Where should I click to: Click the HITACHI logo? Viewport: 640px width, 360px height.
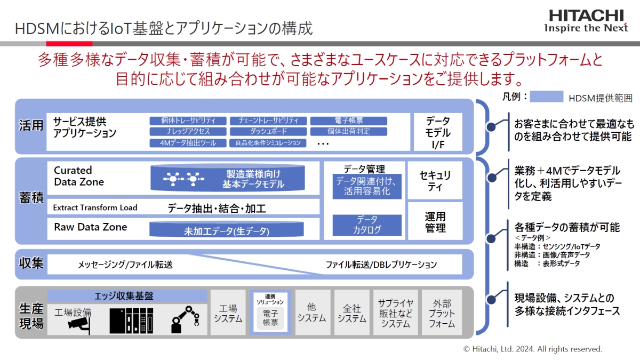[586, 21]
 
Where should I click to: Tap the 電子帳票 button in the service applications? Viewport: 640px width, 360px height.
[349, 121]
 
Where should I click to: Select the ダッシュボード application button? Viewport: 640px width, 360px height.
[268, 131]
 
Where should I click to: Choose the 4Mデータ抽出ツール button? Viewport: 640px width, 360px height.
[188, 143]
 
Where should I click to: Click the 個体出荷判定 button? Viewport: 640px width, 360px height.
[349, 131]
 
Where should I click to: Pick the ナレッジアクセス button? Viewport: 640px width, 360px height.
[188, 131]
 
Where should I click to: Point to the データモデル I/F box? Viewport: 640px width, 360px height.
[438, 132]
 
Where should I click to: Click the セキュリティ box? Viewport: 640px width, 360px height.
[435, 180]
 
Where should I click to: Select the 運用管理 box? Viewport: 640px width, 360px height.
[435, 221]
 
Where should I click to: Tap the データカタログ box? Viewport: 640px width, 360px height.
[367, 225]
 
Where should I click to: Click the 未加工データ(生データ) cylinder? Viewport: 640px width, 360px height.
[227, 229]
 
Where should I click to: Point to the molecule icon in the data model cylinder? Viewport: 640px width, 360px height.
[183, 179]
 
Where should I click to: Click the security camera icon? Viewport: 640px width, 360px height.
[79, 325]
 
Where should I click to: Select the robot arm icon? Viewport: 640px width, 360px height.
[185, 319]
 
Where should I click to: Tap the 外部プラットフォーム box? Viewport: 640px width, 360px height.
[442, 313]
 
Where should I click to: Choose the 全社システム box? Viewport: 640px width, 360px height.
[351, 313]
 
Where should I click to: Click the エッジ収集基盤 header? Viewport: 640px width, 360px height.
[127, 296]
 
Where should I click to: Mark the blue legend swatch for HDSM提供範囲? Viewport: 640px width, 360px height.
[546, 97]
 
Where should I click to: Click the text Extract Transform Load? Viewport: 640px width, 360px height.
[95, 207]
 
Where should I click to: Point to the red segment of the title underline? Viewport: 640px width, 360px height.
[69, 44]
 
